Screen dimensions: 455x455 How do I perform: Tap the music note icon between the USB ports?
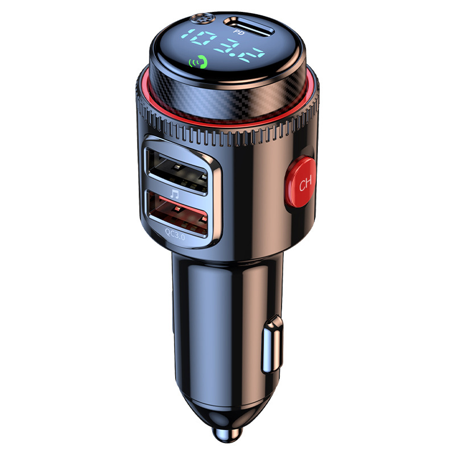[x=174, y=193]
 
